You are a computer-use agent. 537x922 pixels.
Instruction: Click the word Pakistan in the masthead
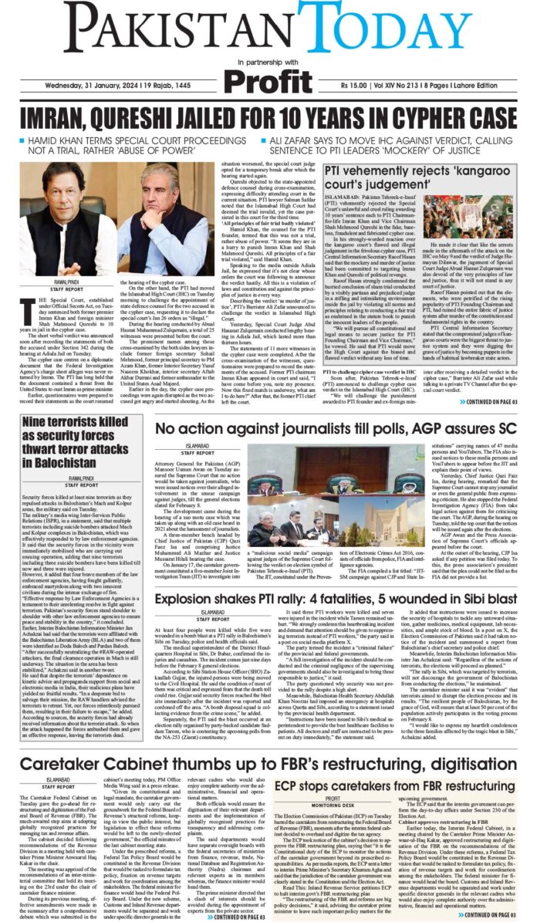[162, 29]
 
